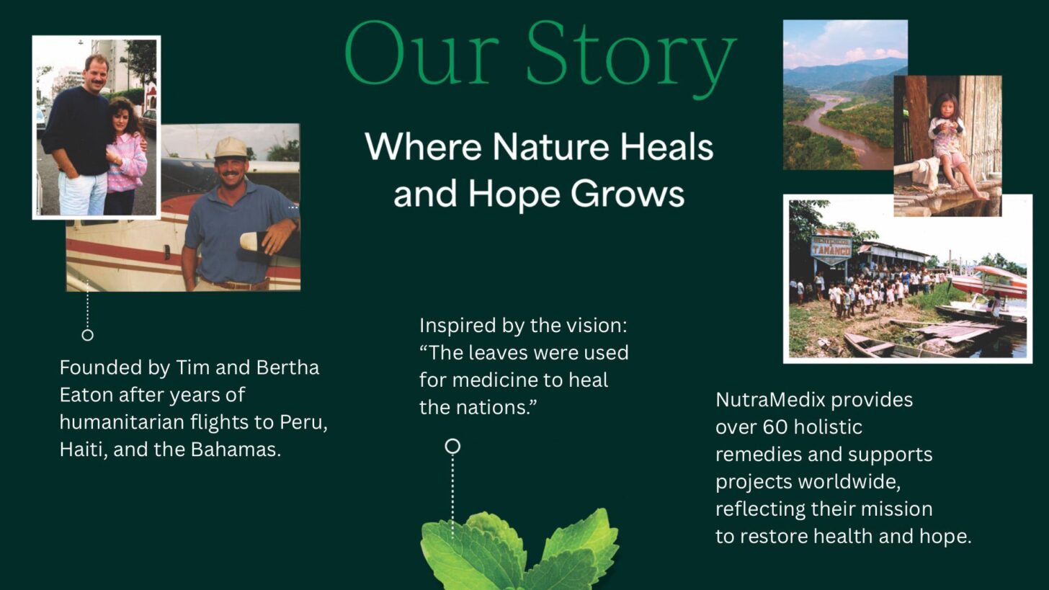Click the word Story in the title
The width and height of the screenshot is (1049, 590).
pos(630,56)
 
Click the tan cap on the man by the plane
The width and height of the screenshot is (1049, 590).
pos(231,148)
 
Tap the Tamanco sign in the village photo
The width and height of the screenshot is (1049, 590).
pos(831,247)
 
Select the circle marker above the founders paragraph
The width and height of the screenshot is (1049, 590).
pos(87,335)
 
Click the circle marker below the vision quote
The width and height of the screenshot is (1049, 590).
pos(452,447)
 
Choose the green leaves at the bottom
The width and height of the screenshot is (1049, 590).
pos(519,551)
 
